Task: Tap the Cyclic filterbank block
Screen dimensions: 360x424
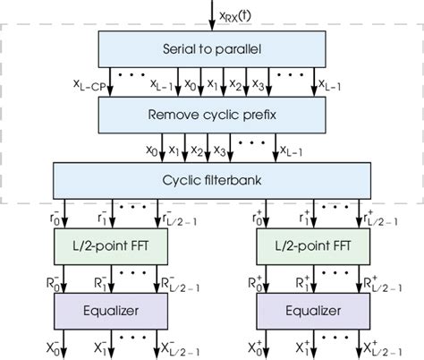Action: (x=211, y=177)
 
